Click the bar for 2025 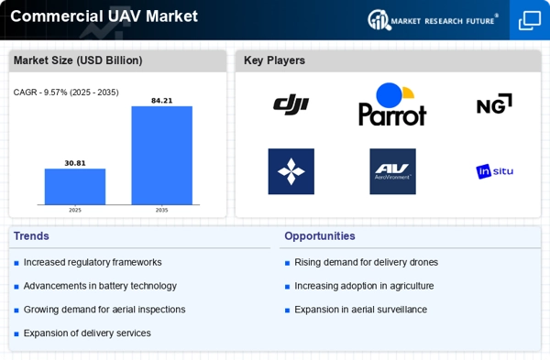point(75,187)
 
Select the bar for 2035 point(161,156)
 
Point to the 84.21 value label point(161,101)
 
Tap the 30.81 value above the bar point(75,163)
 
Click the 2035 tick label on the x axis point(161,210)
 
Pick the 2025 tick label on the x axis point(75,210)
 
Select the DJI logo point(291,104)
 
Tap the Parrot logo point(392,104)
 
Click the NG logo point(494,104)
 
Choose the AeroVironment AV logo point(393,171)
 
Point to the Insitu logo point(495,171)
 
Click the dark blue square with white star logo point(291,171)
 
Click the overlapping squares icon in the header point(530,20)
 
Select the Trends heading point(31,236)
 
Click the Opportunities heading point(320,236)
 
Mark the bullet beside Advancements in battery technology point(16,287)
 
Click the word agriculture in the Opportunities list point(412,286)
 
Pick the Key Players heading point(274,60)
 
